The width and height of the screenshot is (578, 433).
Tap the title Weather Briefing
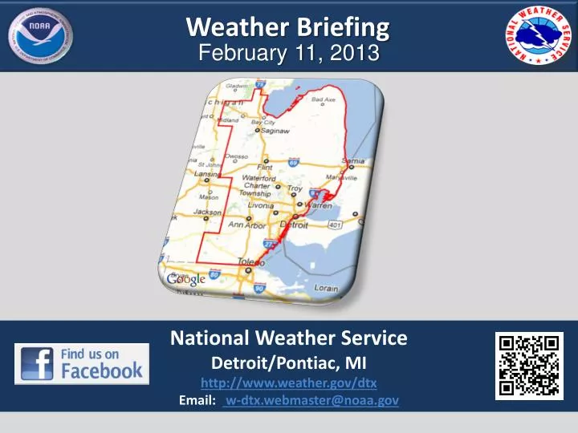pos(288,27)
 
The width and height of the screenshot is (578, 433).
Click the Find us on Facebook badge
pos(82,363)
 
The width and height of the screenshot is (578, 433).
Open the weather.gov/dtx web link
pos(288,382)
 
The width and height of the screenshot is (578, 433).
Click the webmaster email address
pos(311,400)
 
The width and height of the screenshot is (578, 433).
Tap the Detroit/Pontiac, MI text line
pos(288,362)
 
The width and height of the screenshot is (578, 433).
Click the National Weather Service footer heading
pos(288,338)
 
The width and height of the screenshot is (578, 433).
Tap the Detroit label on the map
pos(294,226)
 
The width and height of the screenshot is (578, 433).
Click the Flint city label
pos(264,168)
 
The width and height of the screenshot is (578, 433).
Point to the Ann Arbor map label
pos(246,225)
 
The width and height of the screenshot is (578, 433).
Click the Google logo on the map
pos(186,279)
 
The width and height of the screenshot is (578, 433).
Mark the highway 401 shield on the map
pos(335,227)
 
